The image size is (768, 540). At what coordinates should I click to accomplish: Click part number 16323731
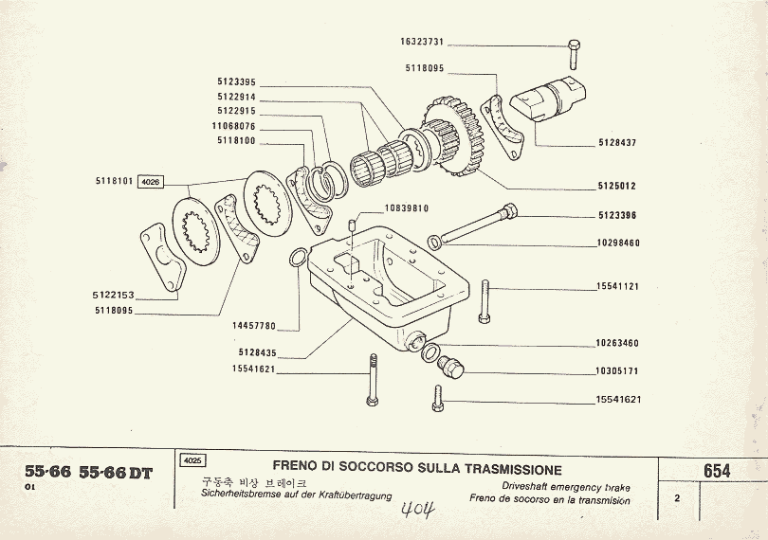(422, 44)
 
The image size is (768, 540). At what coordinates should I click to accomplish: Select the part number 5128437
(617, 143)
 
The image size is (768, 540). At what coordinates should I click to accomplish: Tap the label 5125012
(617, 186)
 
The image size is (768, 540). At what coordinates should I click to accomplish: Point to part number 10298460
(617, 243)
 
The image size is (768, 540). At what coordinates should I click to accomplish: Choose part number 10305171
(617, 371)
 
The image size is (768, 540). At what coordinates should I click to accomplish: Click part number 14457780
(253, 326)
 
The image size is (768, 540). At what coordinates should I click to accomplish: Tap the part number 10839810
(407, 208)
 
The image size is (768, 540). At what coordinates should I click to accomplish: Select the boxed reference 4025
(191, 461)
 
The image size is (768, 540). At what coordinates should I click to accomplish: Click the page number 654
(717, 471)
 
